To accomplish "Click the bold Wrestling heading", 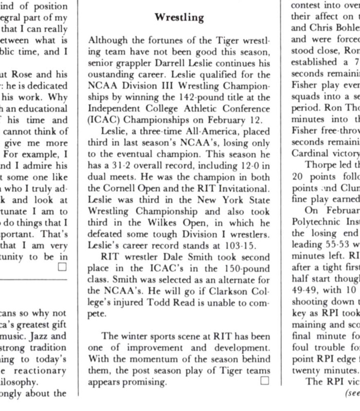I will [x=179, y=17].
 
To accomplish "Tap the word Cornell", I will [x=122, y=175].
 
